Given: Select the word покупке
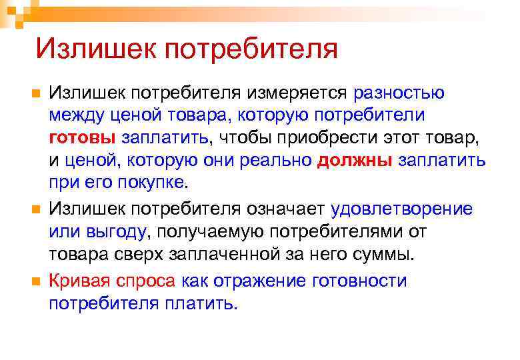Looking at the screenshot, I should [x=155, y=183].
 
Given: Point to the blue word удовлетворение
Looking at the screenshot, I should [x=401, y=209].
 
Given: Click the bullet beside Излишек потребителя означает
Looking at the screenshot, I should [x=36, y=209].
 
